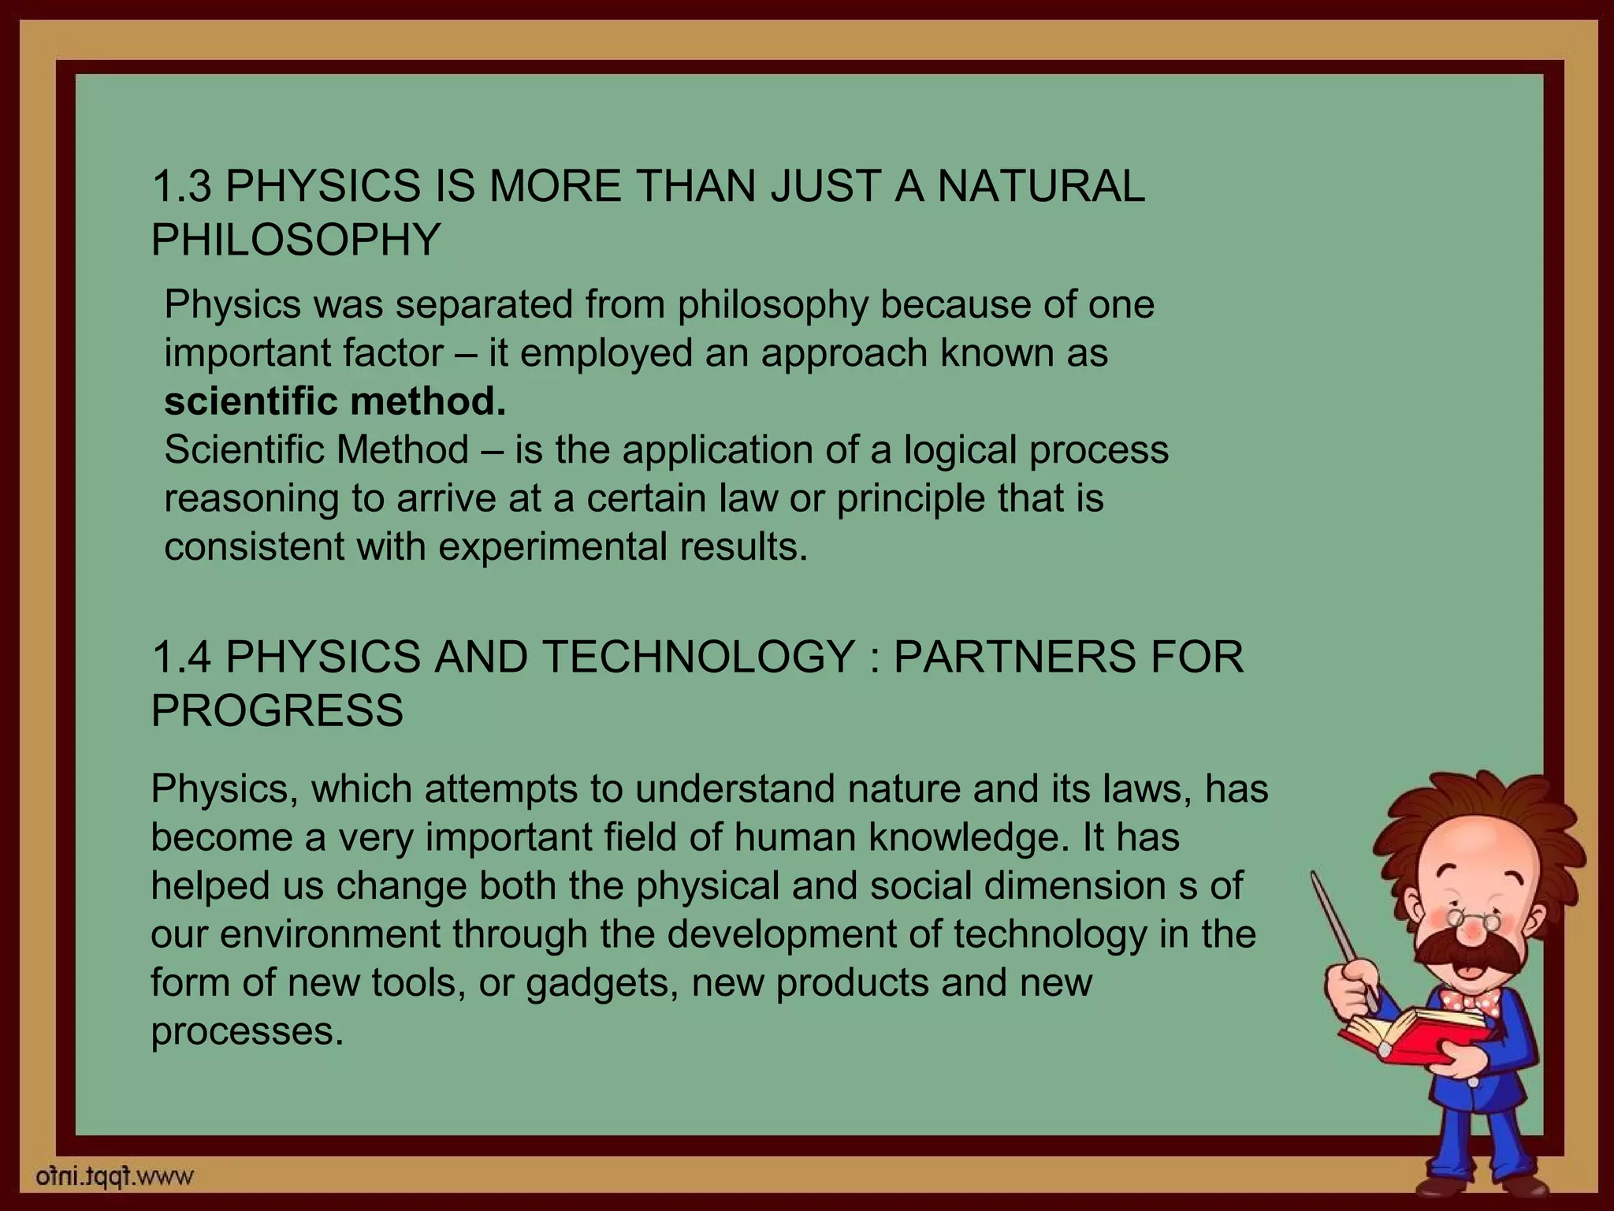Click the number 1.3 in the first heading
(x=182, y=187)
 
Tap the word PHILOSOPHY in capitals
(x=296, y=239)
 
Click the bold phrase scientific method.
(x=335, y=401)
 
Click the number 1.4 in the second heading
(x=182, y=657)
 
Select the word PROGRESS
(x=277, y=710)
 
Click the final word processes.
(x=247, y=1031)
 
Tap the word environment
(x=329, y=934)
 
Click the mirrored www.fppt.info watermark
(x=115, y=1178)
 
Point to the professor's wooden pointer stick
(x=1340, y=930)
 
